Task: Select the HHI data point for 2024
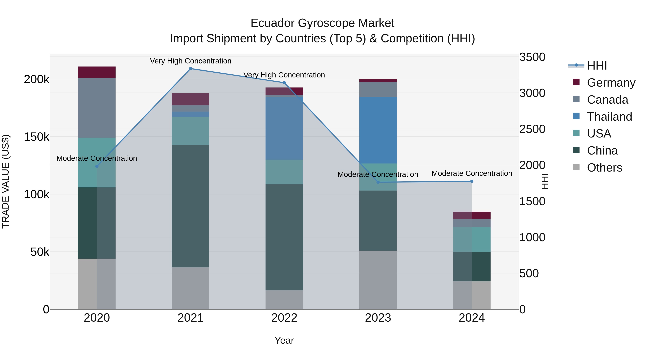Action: click(x=472, y=181)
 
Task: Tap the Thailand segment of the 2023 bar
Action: click(x=378, y=130)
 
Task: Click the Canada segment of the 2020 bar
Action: click(x=97, y=108)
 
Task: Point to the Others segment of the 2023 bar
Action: click(x=378, y=280)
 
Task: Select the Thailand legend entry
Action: click(x=609, y=117)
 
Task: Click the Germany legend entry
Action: click(x=611, y=83)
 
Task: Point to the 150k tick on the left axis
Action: click(x=37, y=137)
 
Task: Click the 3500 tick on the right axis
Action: click(x=532, y=57)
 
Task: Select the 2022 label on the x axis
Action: click(x=284, y=318)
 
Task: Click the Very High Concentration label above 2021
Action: click(x=191, y=61)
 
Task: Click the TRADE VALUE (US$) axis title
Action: click(x=6, y=181)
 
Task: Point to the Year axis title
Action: click(x=284, y=340)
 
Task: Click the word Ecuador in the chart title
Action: click(x=272, y=23)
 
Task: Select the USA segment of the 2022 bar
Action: click(x=284, y=172)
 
